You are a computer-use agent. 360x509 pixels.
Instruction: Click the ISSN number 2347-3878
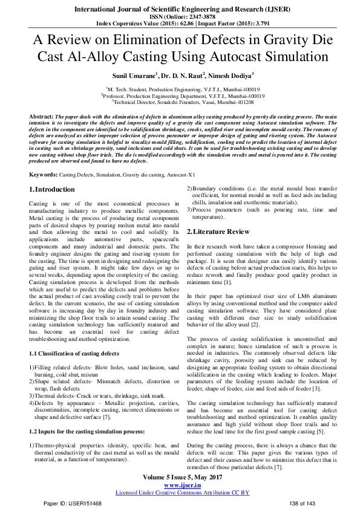(x=197, y=17)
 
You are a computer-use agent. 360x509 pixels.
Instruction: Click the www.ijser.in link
(x=182, y=485)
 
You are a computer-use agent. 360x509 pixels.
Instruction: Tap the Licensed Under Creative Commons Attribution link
(x=182, y=493)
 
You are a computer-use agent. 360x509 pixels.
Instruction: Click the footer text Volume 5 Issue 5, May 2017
(x=182, y=478)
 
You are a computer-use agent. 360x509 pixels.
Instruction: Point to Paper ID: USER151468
(x=72, y=503)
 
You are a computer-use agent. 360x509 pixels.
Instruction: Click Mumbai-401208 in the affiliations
(x=237, y=103)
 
